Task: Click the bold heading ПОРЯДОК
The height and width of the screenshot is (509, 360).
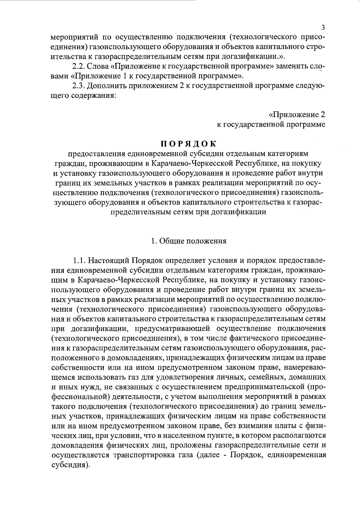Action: (x=189, y=144)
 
